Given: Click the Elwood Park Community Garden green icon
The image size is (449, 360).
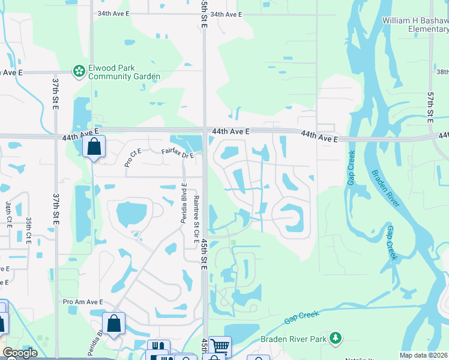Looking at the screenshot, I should (79, 72).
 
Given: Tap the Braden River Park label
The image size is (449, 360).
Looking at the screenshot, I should (293, 339).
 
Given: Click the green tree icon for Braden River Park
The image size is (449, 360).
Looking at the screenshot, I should (336, 339).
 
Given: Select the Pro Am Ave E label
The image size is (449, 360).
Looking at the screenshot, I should (83, 302).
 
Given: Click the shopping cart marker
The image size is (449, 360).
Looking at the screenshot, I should (220, 346).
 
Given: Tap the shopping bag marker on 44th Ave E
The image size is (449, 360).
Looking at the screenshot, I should (94, 146).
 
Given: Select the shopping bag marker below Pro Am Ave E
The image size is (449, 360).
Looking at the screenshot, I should (113, 323).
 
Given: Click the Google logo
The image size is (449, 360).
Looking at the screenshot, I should (19, 353).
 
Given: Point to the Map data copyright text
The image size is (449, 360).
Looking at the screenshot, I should (424, 355).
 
